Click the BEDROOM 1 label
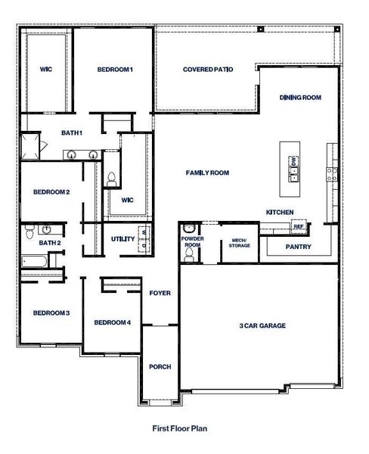coord(115,70)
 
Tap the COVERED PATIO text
coord(207,70)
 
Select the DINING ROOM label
coord(300,98)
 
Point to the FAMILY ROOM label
coord(207,173)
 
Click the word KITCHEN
coord(280,212)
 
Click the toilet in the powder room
coord(189,256)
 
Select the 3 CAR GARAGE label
coord(262,326)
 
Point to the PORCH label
coord(160,367)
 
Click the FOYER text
coord(160,293)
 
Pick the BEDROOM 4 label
coord(112,322)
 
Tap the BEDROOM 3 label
coord(51,313)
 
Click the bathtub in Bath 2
coord(35,262)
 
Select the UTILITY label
coord(122,240)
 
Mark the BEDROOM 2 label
coord(51,192)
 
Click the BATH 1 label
coord(72,133)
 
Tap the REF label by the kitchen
coord(298,226)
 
